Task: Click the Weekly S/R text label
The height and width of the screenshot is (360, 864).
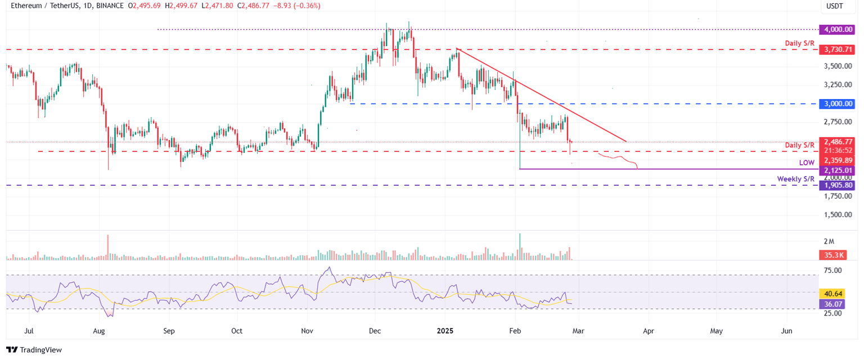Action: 796,179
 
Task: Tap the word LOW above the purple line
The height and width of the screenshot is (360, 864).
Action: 807,163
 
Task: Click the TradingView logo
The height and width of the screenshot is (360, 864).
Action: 34,350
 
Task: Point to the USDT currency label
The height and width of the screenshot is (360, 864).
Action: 835,7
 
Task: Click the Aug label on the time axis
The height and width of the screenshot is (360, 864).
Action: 99,331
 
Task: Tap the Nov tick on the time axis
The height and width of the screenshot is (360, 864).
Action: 307,331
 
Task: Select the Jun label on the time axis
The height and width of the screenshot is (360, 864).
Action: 786,331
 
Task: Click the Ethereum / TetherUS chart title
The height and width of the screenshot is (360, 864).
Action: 43,5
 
